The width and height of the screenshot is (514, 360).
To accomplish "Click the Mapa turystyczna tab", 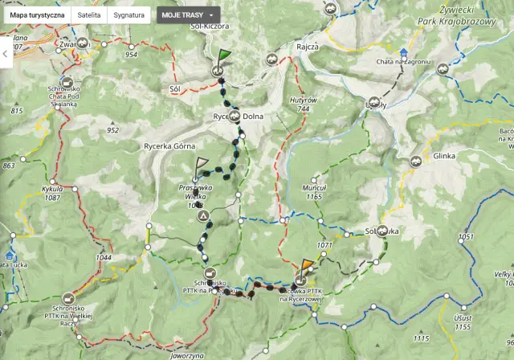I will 38,15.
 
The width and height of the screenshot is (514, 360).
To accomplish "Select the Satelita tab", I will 88,15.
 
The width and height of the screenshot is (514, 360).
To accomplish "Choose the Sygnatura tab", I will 129,15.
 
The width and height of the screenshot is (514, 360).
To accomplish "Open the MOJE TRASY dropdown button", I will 188,15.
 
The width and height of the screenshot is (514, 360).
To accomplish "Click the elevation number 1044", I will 104,257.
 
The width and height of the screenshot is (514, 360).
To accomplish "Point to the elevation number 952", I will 112,130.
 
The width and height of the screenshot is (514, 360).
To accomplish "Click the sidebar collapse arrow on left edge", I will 6,53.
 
